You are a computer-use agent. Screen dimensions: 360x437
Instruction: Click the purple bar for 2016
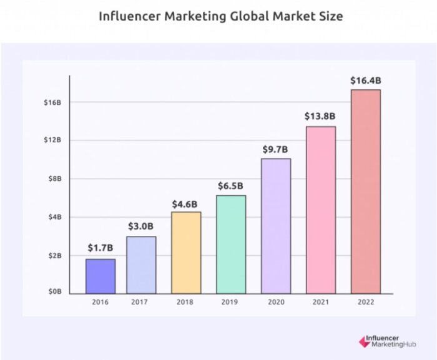pyautogui.click(x=101, y=276)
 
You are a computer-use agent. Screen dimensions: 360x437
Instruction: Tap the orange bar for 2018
pyautogui.click(x=187, y=252)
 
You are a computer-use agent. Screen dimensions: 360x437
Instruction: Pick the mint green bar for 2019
pyautogui.click(x=231, y=244)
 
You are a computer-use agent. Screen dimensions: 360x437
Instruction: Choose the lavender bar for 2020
pyautogui.click(x=276, y=225)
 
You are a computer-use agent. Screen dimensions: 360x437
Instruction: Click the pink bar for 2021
pyautogui.click(x=320, y=210)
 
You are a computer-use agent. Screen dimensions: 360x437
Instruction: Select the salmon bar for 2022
pyautogui.click(x=366, y=191)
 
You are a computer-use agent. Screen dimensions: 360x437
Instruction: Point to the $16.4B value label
pyautogui.click(x=366, y=80)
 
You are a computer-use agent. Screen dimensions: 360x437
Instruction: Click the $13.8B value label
pyautogui.click(x=320, y=116)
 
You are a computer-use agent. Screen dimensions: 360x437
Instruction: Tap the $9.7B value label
pyautogui.click(x=276, y=149)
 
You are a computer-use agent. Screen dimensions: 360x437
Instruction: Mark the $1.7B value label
pyautogui.click(x=101, y=248)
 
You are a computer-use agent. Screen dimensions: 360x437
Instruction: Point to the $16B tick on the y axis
pyautogui.click(x=52, y=102)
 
